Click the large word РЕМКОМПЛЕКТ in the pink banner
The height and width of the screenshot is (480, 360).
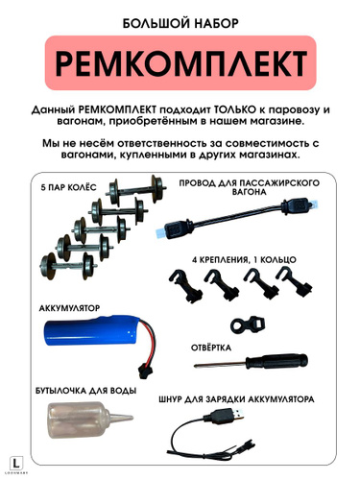tap(180, 62)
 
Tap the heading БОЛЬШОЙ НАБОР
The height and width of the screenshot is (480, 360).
tap(180, 23)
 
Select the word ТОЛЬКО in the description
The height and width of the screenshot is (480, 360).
tap(235, 109)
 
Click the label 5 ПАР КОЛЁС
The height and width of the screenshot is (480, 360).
tap(68, 187)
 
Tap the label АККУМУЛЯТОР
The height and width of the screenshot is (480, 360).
tap(69, 308)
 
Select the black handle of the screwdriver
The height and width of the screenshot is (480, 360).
tap(276, 361)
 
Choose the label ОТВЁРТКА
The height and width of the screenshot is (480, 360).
tap(211, 348)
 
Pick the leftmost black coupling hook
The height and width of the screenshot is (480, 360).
tap(185, 285)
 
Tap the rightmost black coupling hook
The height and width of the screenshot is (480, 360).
tap(293, 281)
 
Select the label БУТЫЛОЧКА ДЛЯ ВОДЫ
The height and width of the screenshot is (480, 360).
tap(85, 391)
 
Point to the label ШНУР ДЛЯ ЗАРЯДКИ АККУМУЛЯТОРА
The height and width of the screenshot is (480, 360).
tap(236, 399)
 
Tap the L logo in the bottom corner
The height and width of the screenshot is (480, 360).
tap(17, 463)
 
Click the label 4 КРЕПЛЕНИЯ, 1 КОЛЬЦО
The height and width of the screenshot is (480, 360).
tap(244, 259)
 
